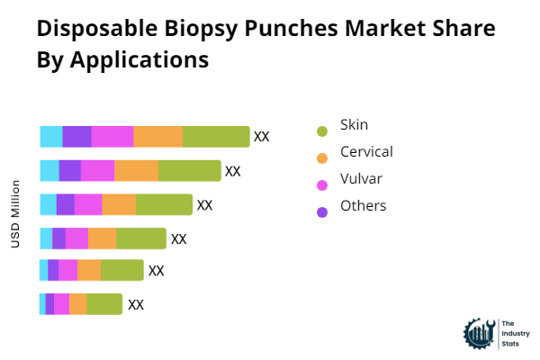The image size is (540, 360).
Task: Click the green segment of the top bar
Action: click(216, 137)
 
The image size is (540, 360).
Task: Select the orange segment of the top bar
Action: click(158, 137)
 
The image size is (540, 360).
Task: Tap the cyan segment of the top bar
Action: click(51, 137)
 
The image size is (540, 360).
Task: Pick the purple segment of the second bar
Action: click(70, 170)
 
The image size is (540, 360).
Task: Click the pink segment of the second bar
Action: click(98, 170)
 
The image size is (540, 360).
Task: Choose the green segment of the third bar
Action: click(164, 204)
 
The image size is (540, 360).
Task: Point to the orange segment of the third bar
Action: click(119, 204)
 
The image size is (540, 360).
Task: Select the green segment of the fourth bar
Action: click(141, 238)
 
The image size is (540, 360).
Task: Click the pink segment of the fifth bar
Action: click(68, 270)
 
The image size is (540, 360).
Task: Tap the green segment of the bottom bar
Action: click(104, 304)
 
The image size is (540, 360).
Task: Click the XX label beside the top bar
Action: click(262, 137)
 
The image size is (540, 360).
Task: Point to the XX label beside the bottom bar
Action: click(136, 304)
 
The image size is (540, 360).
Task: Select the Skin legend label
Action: click(354, 124)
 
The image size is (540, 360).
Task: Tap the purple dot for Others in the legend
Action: click(322, 212)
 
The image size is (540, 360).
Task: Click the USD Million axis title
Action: click(15, 214)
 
